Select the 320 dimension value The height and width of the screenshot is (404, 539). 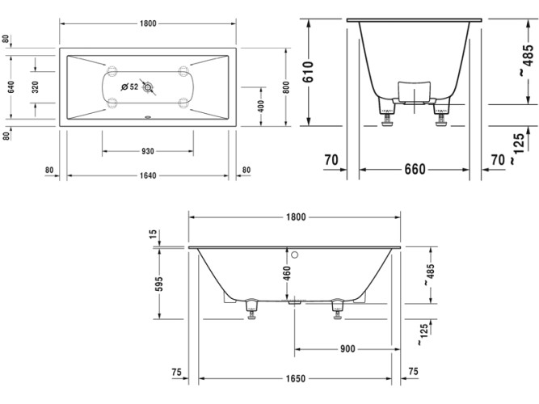pos(35,87)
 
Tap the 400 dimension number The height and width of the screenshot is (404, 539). pos(261,107)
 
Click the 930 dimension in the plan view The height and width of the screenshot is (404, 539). pos(147,151)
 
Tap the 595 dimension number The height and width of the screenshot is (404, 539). pos(159,284)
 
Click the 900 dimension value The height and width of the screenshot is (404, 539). pos(347,350)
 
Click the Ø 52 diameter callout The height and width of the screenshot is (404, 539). pos(128,86)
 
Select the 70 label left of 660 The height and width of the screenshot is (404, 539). pos(331,161)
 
